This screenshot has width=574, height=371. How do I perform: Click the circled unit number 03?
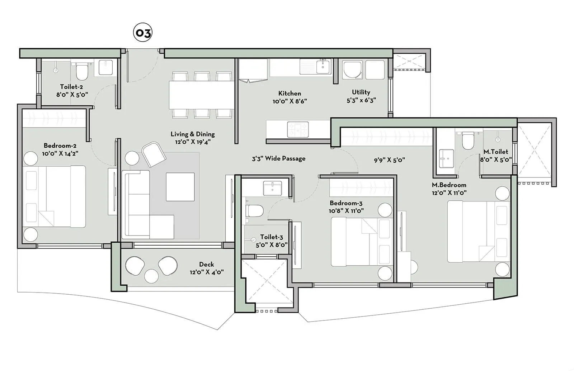point(143,33)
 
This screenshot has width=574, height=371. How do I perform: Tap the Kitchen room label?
point(290,93)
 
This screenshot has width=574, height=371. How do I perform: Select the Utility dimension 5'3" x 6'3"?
point(361,101)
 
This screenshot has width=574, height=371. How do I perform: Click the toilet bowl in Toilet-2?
point(82,72)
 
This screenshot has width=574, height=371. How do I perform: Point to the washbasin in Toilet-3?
point(272,188)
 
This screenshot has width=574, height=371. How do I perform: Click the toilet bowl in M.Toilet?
point(468,141)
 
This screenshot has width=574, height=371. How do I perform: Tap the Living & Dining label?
point(193,134)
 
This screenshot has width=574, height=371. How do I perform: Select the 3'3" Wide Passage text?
point(278,158)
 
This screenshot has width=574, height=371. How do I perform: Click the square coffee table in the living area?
point(180,187)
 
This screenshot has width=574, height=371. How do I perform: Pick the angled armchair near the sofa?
point(154,154)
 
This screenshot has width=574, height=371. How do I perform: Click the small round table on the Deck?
point(151,276)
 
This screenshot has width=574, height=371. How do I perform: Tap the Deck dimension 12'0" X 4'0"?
point(207,272)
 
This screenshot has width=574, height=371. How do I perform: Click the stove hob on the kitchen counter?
point(298,129)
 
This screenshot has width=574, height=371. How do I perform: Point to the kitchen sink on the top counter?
point(323,67)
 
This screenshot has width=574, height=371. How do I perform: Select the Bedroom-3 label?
point(346,203)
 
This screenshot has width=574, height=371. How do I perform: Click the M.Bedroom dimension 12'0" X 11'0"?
point(449,192)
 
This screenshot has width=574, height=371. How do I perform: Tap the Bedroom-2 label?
point(60,146)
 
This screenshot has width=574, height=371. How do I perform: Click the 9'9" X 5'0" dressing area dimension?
point(389,160)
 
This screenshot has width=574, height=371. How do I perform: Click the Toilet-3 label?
point(272,237)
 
